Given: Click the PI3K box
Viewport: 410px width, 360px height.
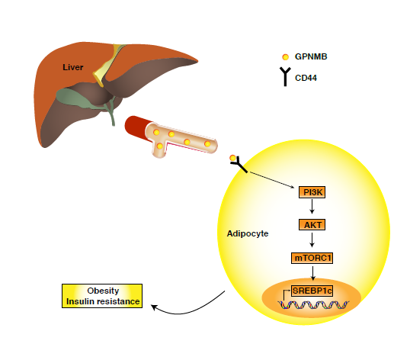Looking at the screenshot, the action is click(x=312, y=192).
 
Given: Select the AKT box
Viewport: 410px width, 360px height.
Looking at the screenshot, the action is click(x=312, y=225).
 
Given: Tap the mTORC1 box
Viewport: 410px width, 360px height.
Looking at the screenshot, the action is click(x=312, y=258).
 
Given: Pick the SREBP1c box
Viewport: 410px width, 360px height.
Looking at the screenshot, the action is click(x=312, y=291).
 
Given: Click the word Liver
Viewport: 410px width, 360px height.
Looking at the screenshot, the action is click(x=73, y=67).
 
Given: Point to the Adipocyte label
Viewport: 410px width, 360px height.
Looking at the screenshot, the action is click(x=248, y=233).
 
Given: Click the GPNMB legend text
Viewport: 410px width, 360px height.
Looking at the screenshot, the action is click(x=311, y=56).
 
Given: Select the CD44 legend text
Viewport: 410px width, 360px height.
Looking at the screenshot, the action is click(x=306, y=78).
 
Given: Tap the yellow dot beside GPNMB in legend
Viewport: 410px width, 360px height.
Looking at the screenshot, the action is click(x=285, y=56).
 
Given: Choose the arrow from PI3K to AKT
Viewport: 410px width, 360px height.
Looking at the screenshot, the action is click(x=312, y=207).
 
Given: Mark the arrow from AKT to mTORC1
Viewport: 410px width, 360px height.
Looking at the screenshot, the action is click(x=312, y=239).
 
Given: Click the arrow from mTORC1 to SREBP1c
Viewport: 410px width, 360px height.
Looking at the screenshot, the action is click(x=312, y=273).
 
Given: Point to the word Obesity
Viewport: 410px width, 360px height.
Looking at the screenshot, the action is click(x=103, y=291).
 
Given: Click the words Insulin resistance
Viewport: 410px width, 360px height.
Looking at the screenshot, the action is click(x=103, y=301).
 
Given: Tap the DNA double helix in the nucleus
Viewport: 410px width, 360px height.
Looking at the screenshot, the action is click(x=313, y=305).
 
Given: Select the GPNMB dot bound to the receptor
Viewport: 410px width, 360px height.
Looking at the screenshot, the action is click(x=232, y=158).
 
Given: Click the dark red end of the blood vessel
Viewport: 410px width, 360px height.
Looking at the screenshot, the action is click(x=137, y=127).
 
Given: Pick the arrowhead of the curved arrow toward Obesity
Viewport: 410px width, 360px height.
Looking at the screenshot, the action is click(x=154, y=307).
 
